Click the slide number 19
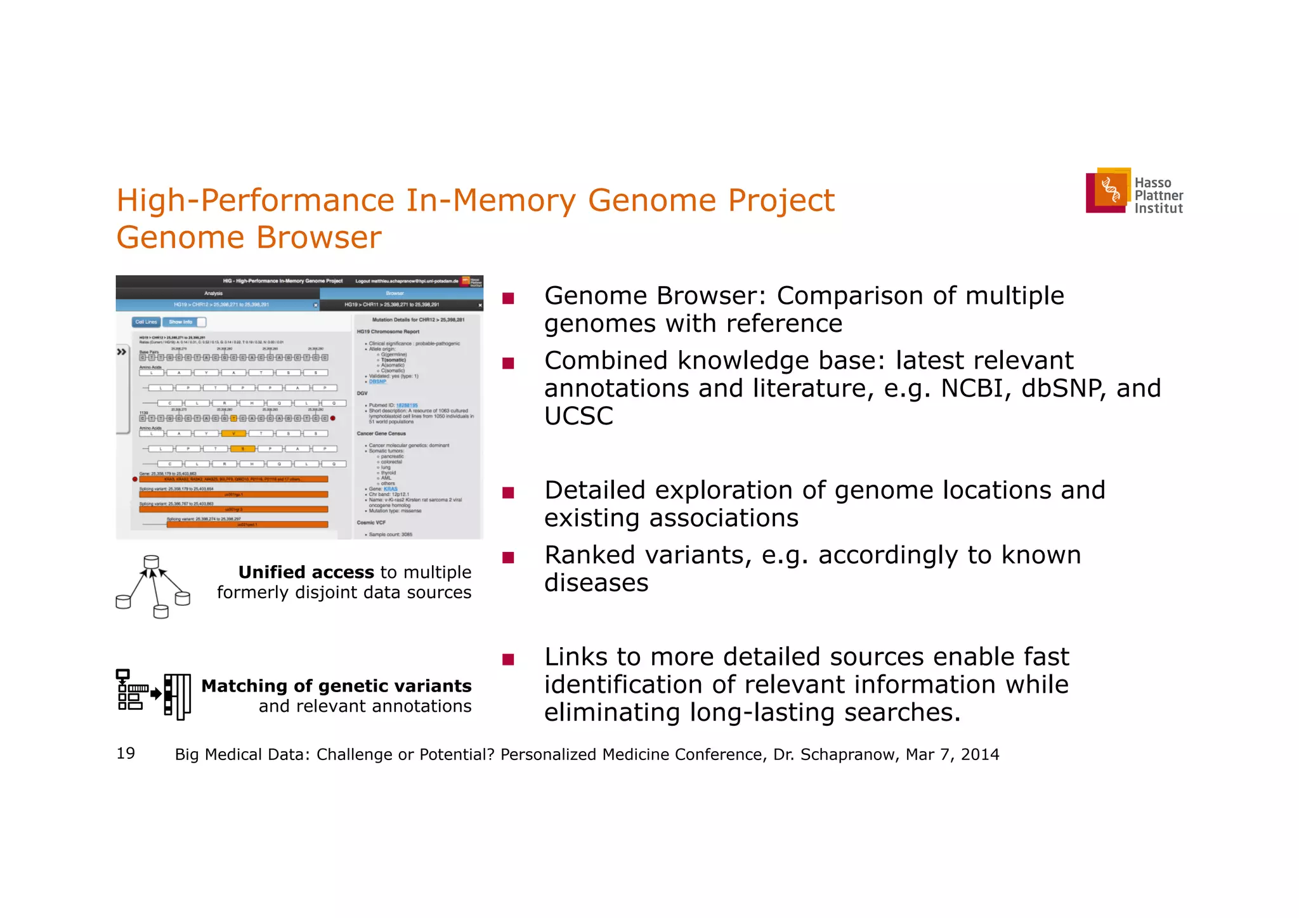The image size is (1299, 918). [x=126, y=753]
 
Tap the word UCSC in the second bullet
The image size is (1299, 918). [x=578, y=416]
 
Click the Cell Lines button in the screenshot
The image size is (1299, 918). [x=147, y=322]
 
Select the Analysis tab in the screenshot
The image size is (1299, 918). [x=214, y=293]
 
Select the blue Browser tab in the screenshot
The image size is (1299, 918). [x=395, y=293]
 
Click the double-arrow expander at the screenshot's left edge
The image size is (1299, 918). [x=122, y=351]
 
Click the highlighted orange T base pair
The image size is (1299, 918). [x=233, y=418]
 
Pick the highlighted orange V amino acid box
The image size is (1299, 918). [x=233, y=434]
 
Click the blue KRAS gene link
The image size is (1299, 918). [x=391, y=489]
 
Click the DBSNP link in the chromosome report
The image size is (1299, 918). [x=377, y=381]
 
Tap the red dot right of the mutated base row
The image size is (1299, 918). [x=333, y=418]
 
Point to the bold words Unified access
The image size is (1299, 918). [x=306, y=572]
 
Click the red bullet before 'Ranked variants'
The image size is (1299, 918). [x=507, y=558]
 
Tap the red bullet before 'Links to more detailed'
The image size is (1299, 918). [x=507, y=659]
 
